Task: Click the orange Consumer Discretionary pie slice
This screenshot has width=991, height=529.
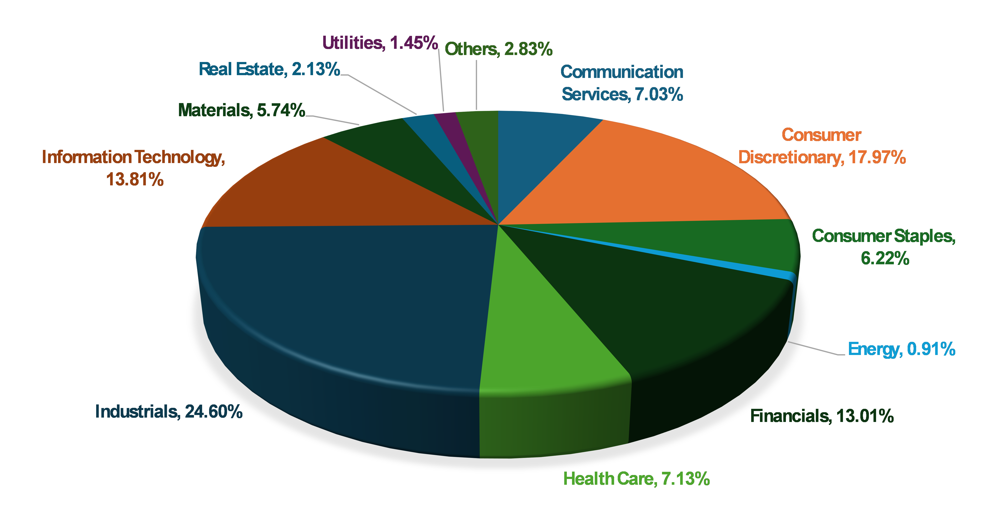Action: point(654,173)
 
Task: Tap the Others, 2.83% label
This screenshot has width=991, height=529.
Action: point(498,49)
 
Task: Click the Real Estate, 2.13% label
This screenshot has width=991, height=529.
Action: point(269,69)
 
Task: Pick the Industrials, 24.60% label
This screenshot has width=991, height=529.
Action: point(169,412)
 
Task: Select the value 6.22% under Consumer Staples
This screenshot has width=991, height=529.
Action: point(885,258)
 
